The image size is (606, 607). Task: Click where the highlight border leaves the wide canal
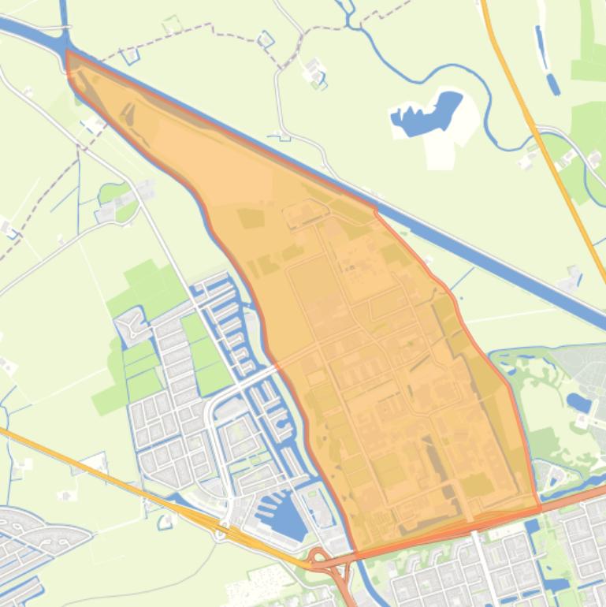pyautogui.click(x=375, y=209)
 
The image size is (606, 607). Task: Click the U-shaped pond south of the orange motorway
pyautogui.click(x=165, y=521)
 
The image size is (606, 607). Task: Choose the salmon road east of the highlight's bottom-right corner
pyautogui.click(x=575, y=496)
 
